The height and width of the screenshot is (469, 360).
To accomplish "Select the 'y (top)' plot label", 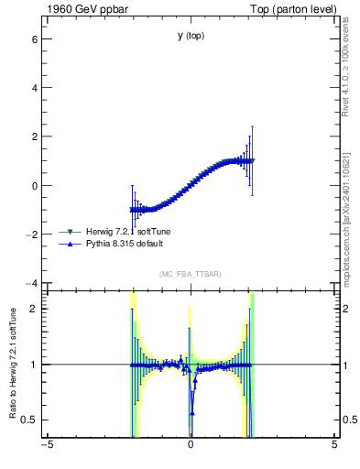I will pos(191,36).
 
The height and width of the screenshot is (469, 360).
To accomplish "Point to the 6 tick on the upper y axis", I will pos(33,39).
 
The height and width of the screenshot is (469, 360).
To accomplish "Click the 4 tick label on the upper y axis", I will pos(33,88).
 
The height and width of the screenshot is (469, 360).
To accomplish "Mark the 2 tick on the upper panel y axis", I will pos(33,136).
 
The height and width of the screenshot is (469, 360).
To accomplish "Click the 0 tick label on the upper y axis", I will pos(33,185).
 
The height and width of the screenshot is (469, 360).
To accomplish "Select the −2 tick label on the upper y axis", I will pos(30,234).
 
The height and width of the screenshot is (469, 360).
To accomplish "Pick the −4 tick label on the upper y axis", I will pos(30,282).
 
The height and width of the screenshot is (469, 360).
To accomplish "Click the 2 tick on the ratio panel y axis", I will pos(33,309).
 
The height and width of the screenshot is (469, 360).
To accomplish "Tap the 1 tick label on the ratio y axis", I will pos(33,365).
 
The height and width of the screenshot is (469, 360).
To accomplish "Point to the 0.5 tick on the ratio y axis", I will pos(28,420).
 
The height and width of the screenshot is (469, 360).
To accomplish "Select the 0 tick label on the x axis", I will pos(191,446).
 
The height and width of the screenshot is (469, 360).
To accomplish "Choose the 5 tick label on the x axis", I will pos(334,446).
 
